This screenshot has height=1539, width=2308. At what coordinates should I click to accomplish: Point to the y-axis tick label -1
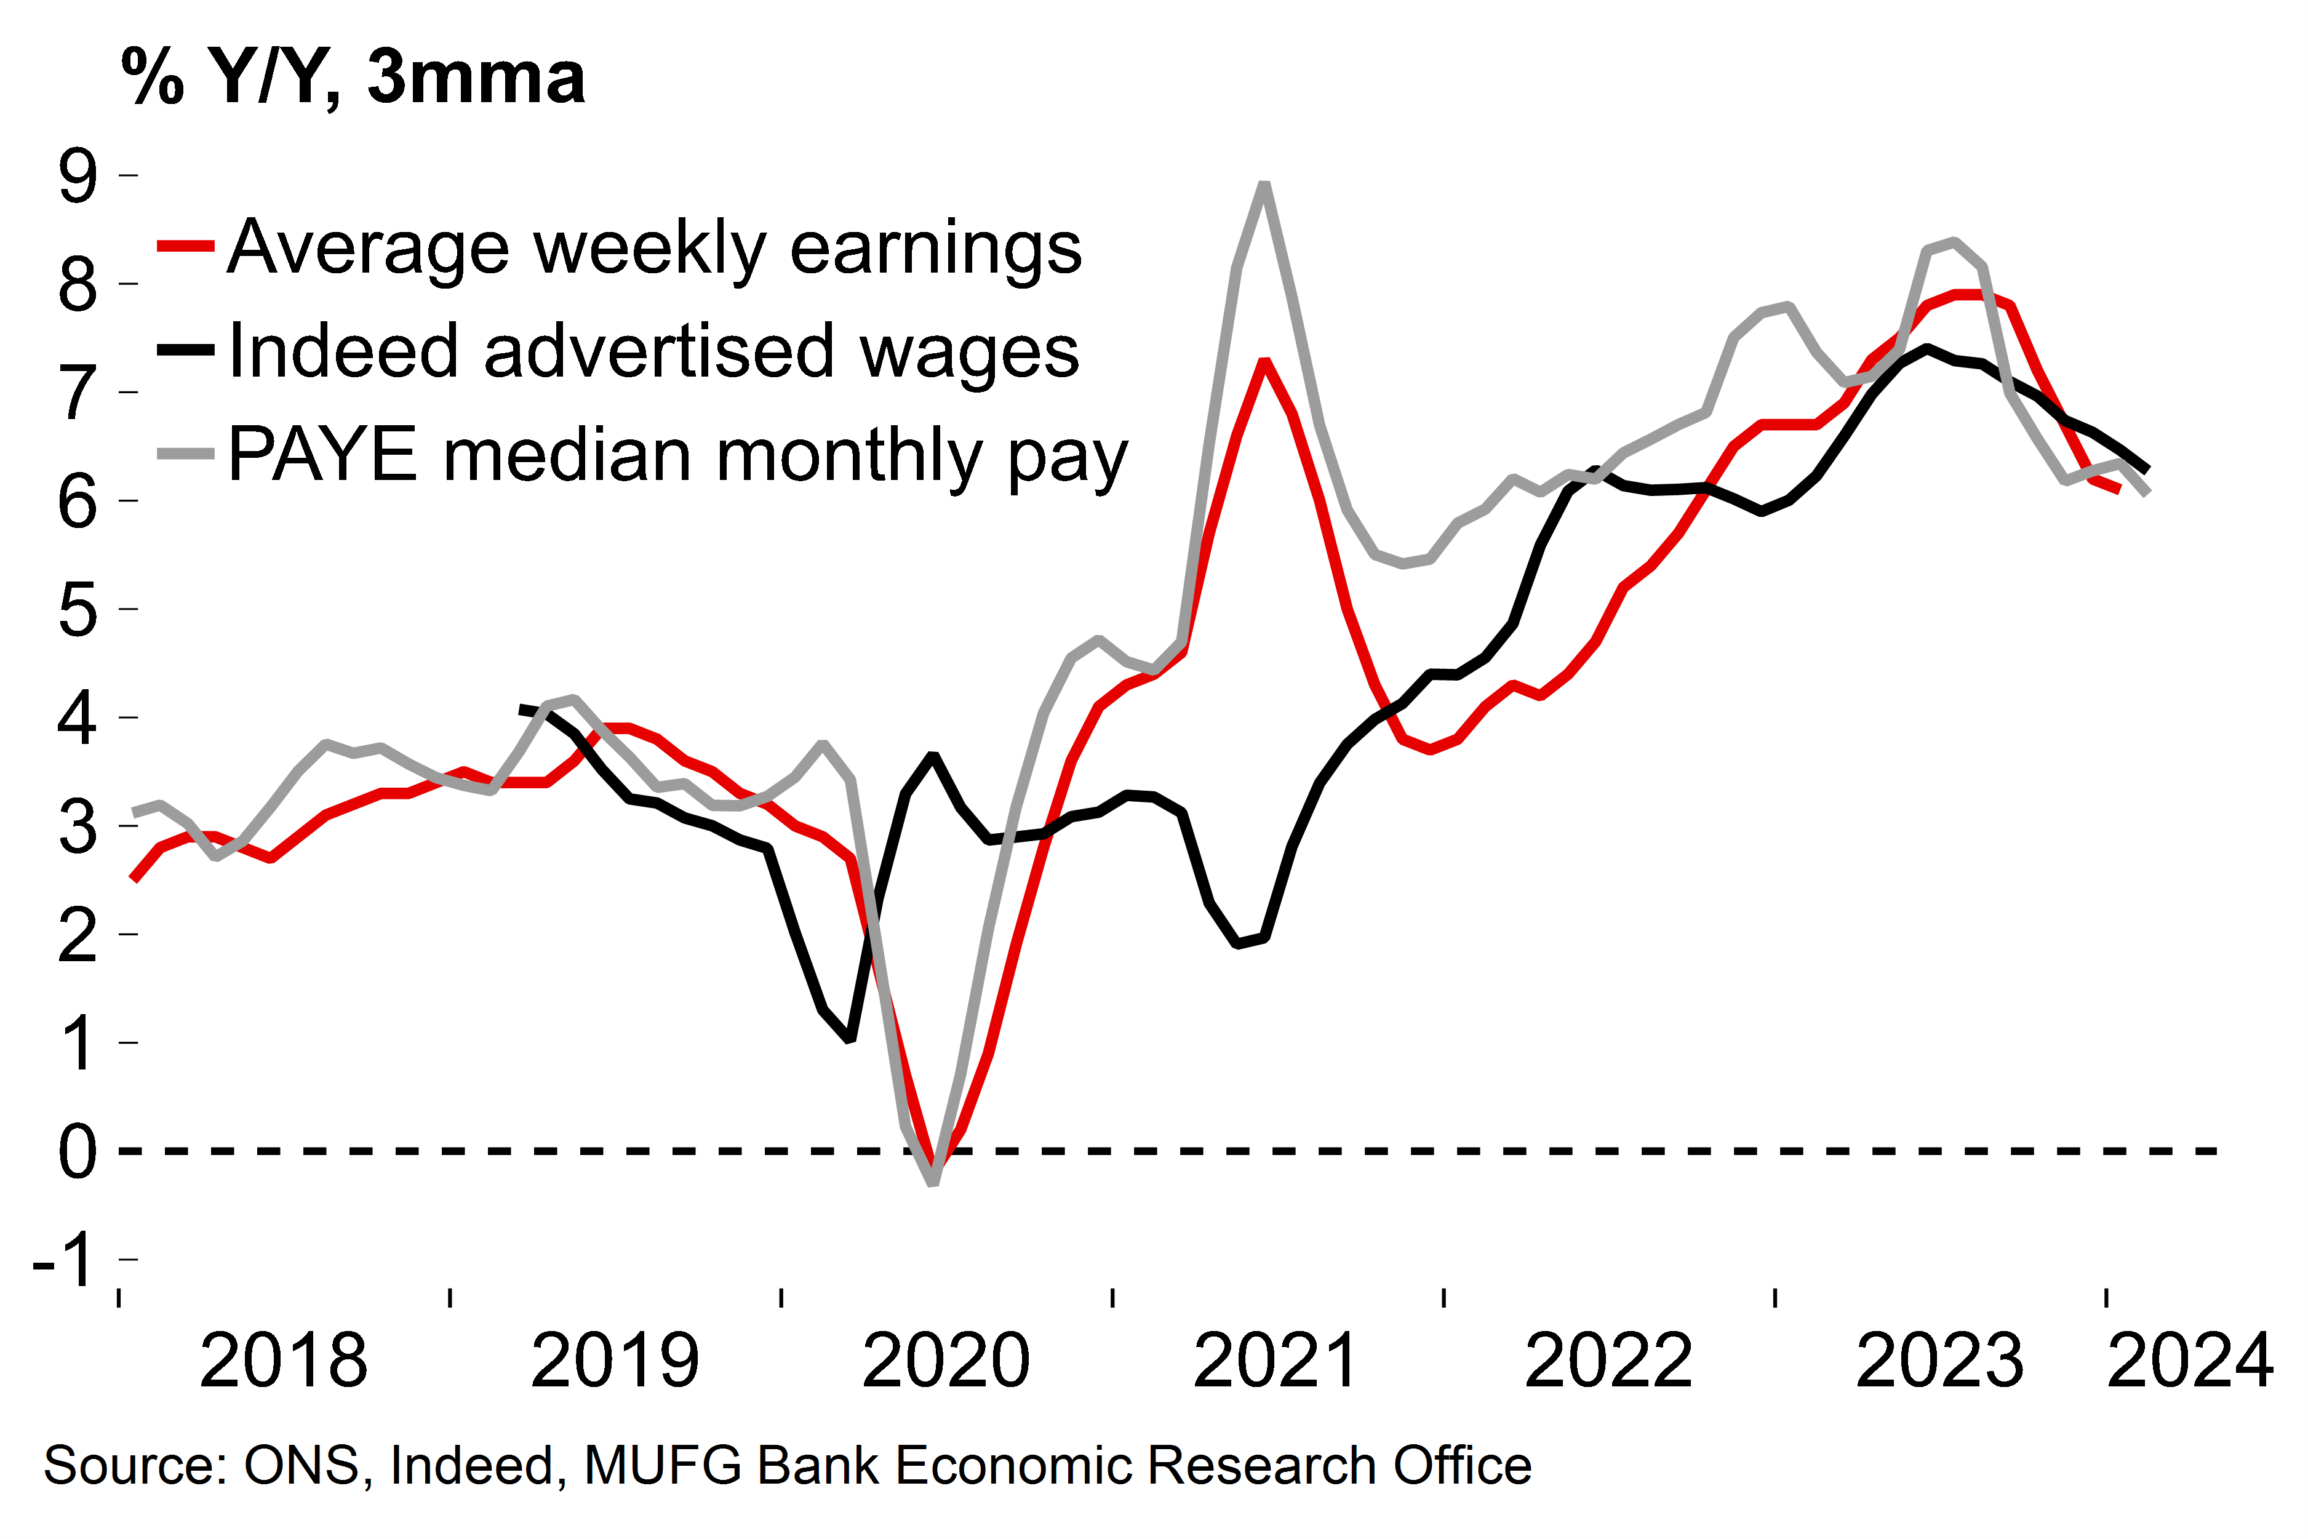(65, 1260)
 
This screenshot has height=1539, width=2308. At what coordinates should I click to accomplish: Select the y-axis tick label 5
(79, 610)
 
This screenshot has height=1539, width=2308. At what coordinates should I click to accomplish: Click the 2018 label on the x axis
(284, 1361)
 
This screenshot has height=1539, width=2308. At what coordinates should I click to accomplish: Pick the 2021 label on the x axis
(1277, 1361)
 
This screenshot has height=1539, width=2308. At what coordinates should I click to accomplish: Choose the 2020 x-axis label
(946, 1361)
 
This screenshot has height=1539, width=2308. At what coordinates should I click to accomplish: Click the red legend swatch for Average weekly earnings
(185, 246)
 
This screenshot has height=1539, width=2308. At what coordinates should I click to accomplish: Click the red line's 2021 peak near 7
(1266, 363)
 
